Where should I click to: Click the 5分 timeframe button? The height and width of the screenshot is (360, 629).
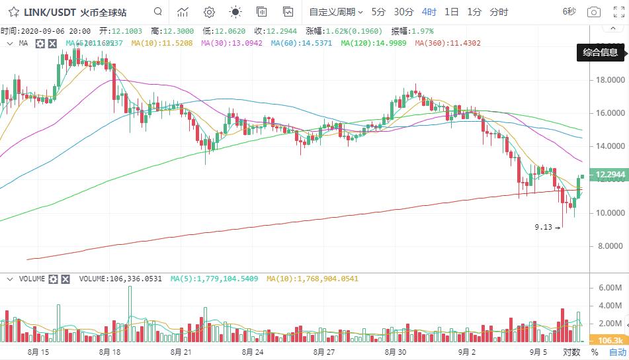pos(378,12)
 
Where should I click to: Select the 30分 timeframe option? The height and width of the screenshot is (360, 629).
pos(403,12)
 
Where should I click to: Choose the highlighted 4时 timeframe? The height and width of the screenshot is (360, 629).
pos(429,12)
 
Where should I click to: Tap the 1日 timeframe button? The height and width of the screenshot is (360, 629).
pos(452,12)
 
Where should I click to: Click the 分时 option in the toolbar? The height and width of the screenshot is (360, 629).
pos(499,12)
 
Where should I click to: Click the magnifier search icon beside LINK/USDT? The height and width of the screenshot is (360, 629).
pos(157,12)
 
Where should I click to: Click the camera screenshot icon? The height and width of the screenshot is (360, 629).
pos(594,12)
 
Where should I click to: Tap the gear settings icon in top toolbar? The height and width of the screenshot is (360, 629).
pos(209,12)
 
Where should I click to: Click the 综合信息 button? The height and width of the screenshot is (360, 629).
pos(601,52)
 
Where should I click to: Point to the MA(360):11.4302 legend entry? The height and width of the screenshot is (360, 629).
pos(448,43)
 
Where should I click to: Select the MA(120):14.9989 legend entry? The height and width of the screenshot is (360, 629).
pos(374,43)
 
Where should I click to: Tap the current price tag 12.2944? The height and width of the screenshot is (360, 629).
pos(610,175)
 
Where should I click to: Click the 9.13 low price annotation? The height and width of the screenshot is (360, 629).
pos(543,227)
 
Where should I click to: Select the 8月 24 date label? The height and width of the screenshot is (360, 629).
pos(253,352)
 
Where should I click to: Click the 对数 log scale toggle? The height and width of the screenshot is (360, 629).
pos(571,352)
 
